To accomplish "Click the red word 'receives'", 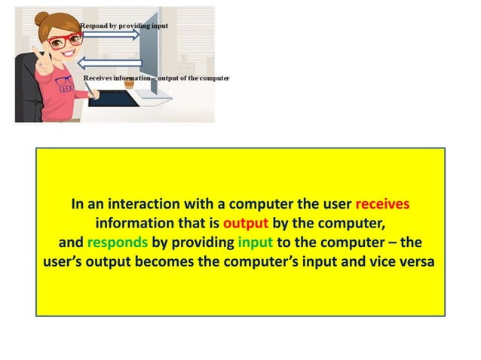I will click(382, 205).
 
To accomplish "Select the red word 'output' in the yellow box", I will click(246, 224).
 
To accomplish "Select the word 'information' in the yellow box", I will click(135, 224).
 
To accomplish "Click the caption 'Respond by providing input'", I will click(124, 26).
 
